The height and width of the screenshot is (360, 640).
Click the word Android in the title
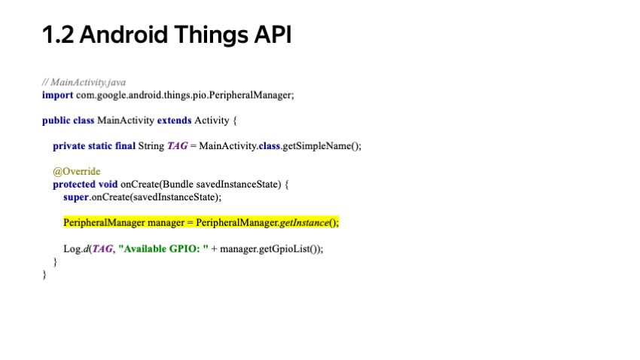coord(120,35)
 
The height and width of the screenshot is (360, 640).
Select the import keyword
coord(57,95)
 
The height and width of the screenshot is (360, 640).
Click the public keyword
coord(56,121)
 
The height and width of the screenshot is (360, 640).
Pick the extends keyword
coord(174,121)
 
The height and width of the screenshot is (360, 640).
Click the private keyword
coord(69,146)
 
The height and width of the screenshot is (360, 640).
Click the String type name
coord(151,146)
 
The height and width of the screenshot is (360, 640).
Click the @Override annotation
coord(76,172)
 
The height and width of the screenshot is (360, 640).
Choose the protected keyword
coord(74,185)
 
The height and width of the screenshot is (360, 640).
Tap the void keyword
coord(108,185)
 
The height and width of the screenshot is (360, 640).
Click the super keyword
coord(75,197)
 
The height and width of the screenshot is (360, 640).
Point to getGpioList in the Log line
coord(292,249)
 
